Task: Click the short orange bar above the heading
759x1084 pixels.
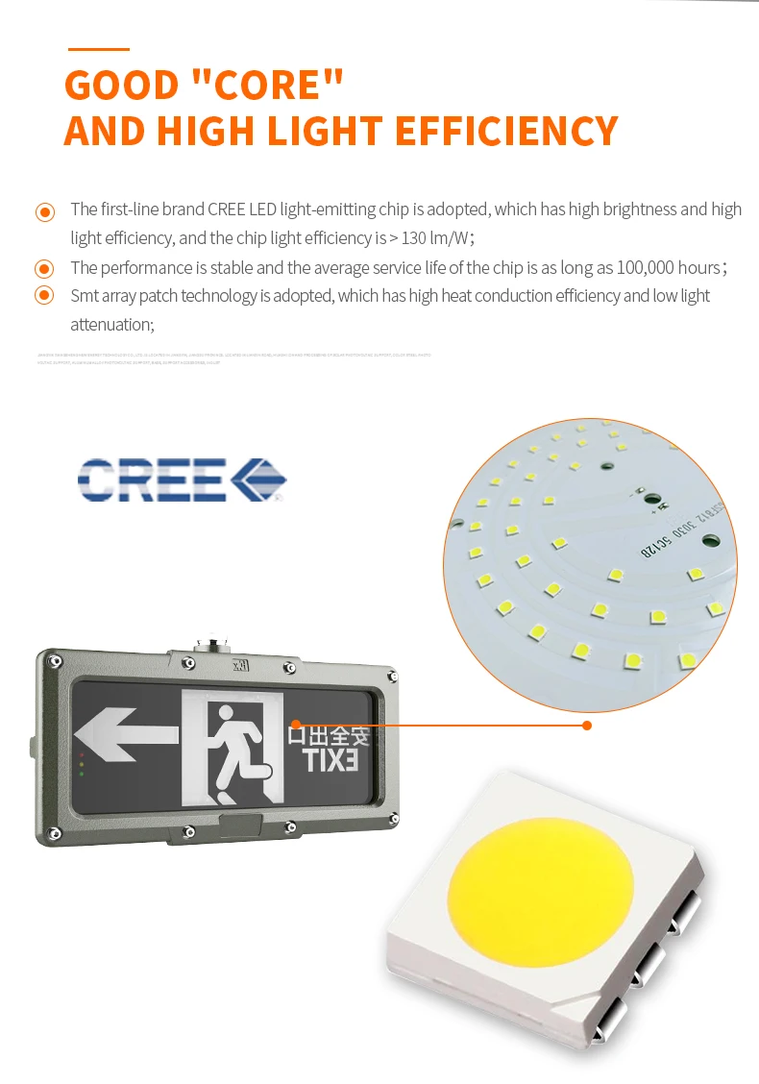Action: (98, 48)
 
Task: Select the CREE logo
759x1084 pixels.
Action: (182, 480)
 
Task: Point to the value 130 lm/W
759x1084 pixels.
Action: (429, 237)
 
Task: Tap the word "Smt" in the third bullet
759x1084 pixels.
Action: (86, 296)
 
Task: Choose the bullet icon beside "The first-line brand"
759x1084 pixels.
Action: (45, 211)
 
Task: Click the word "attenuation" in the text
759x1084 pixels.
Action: (110, 325)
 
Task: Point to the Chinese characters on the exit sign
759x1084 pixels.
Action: (329, 736)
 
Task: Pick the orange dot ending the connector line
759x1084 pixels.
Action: (587, 725)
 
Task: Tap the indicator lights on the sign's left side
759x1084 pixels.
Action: (82, 764)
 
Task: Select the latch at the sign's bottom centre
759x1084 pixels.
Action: (241, 825)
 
